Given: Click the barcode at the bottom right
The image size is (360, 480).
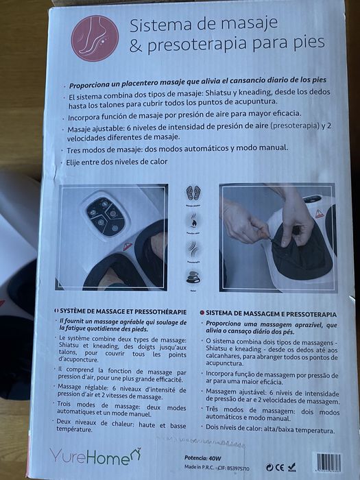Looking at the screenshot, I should pyautogui.click(x=326, y=462).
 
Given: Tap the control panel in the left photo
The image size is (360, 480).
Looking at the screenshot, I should pyautogui.click(x=105, y=216).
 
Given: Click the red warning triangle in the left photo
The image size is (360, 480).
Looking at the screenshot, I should pyautogui.click(x=128, y=245).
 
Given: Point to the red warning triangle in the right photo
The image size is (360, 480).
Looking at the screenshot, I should pyautogui.click(x=320, y=213).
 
